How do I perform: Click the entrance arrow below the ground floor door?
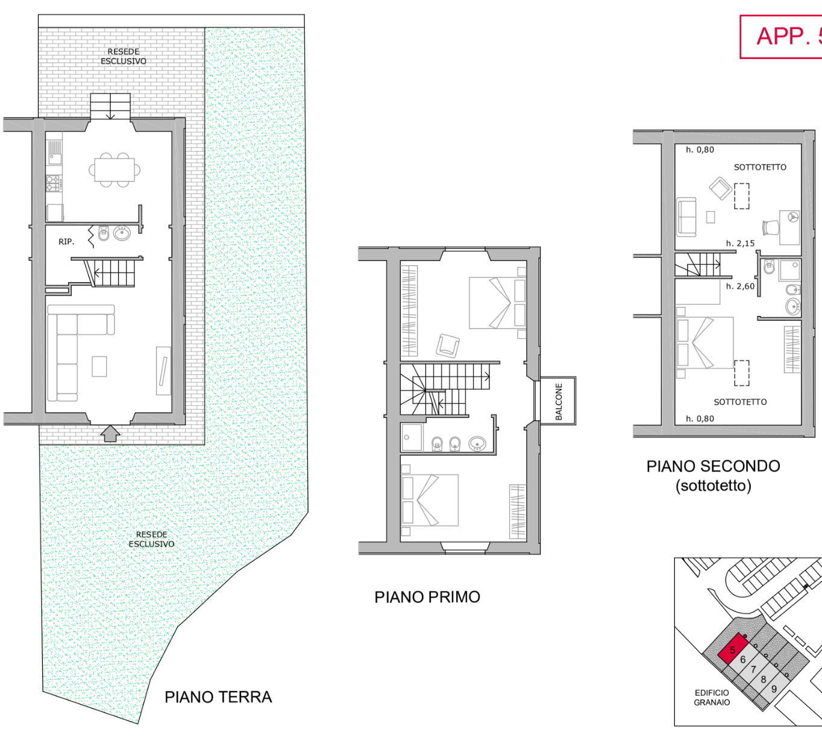click(110, 433)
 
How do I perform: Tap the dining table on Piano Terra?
click(115, 169)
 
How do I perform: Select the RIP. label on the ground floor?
click(66, 242)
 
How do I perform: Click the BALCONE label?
click(559, 402)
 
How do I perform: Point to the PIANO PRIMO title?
click(427, 597)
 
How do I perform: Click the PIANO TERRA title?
click(218, 697)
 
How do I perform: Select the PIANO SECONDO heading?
click(714, 466)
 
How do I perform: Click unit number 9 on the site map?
click(774, 689)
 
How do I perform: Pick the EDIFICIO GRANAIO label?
click(712, 698)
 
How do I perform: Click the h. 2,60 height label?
click(741, 286)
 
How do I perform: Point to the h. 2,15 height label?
click(741, 243)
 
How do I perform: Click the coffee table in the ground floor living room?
click(99, 366)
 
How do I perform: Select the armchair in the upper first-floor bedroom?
click(448, 345)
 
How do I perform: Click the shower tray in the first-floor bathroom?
click(412, 437)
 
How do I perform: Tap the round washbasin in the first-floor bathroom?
click(477, 443)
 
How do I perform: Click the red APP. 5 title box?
click(781, 37)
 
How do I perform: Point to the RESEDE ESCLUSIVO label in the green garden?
click(151, 539)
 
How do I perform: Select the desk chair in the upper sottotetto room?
click(771, 227)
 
